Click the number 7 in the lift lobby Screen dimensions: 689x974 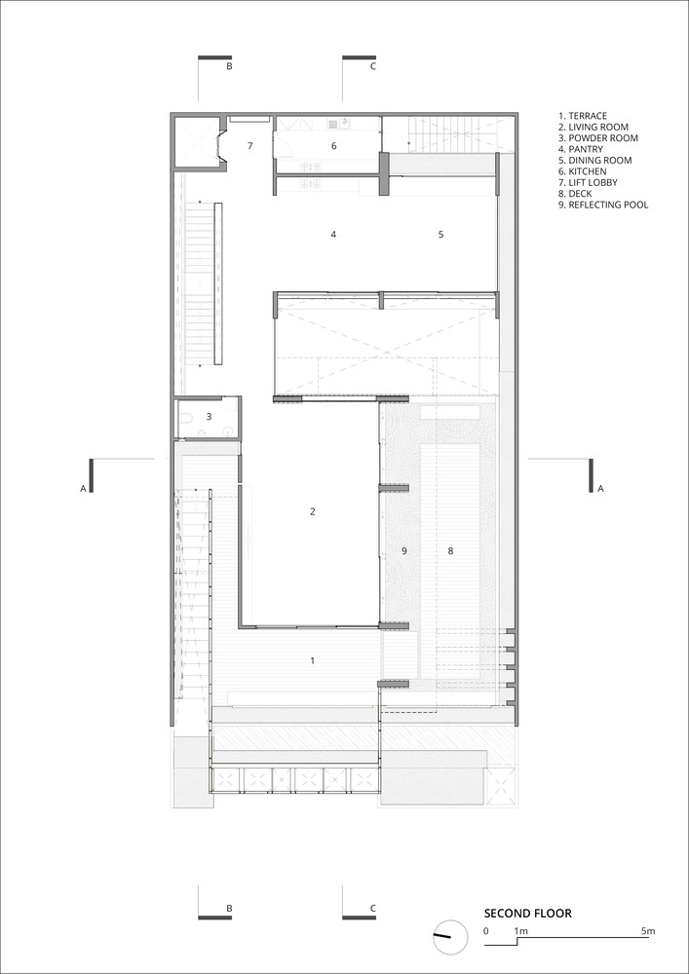point(250,146)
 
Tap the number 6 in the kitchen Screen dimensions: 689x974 point(333,146)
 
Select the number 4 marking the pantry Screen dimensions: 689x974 point(333,234)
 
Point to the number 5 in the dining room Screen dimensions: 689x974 point(441,234)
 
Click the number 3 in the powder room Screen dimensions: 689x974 point(210,416)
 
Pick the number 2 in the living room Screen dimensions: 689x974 point(313,512)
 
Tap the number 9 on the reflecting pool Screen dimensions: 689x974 point(403,550)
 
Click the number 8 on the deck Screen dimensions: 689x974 point(451,550)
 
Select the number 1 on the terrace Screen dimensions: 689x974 point(313,661)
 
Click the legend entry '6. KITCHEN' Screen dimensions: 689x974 point(583,170)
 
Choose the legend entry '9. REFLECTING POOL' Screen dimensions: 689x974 point(603,205)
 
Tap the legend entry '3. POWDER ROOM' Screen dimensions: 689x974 point(598,137)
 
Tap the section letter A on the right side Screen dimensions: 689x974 point(600,489)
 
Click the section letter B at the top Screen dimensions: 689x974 point(229,66)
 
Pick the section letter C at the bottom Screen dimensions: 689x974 point(373,908)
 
